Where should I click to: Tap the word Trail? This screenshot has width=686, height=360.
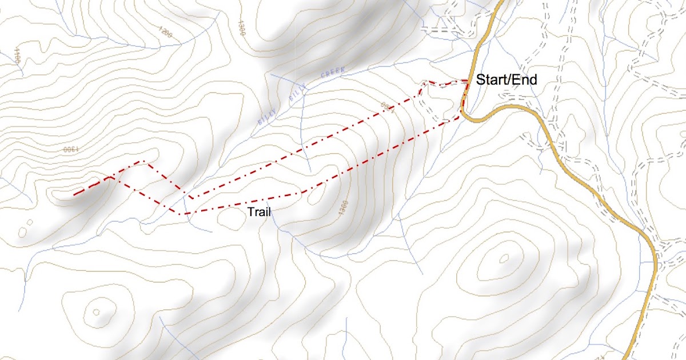click(259, 212)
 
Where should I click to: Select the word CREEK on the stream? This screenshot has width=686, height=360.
click(333, 74)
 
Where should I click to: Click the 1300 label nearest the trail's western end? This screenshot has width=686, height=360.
click(69, 150)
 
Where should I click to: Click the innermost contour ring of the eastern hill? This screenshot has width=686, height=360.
click(504, 259)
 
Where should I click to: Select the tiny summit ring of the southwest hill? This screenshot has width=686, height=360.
click(96, 312)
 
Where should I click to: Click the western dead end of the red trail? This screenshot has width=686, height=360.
click(74, 195)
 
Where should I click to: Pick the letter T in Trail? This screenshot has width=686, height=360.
click(250, 212)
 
